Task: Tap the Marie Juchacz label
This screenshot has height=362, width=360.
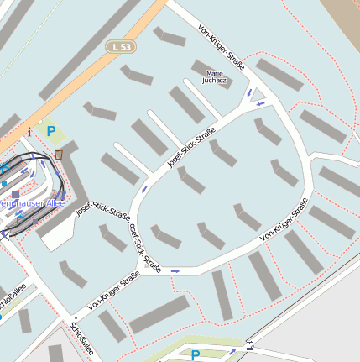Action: (x=214, y=78)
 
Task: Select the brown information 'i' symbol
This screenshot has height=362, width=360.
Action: (x=30, y=131)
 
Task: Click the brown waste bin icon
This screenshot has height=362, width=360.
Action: (x=58, y=154)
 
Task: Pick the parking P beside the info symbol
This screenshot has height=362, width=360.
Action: (x=50, y=131)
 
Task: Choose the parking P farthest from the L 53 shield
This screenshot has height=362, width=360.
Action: (x=196, y=355)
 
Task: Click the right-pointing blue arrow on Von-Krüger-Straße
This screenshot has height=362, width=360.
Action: (x=175, y=271)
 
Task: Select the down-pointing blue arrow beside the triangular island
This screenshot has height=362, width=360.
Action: (x=248, y=92)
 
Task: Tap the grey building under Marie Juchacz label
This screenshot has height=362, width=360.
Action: (x=216, y=97)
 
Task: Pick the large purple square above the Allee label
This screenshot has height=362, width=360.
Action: (x=15, y=194)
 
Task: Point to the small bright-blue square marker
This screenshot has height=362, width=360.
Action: (x=4, y=182)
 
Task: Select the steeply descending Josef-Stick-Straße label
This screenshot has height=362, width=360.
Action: (x=143, y=246)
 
